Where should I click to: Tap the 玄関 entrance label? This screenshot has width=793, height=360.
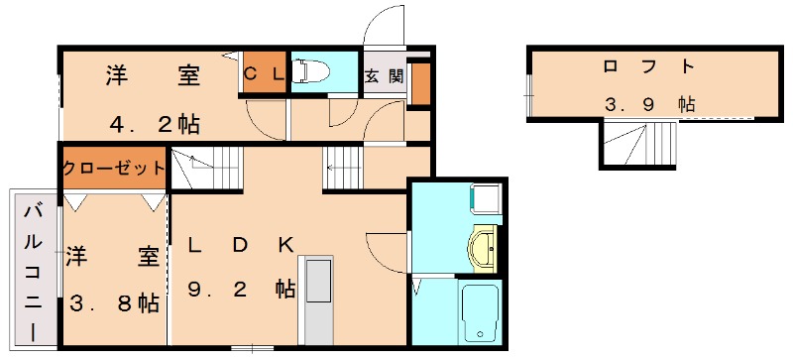(x=383, y=75)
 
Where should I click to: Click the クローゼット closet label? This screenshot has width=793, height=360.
(x=113, y=168)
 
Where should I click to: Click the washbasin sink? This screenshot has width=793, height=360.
(x=485, y=247)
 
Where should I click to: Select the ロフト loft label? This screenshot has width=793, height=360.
(x=648, y=67)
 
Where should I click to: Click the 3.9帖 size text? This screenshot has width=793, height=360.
(x=648, y=104)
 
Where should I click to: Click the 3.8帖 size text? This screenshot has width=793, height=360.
(x=113, y=303)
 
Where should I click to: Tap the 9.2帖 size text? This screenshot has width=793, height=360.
(x=242, y=290)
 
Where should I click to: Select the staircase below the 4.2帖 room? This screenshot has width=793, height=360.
(x=206, y=168)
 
